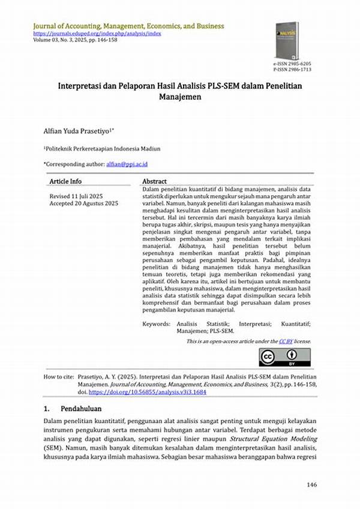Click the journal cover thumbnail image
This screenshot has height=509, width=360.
(286, 40)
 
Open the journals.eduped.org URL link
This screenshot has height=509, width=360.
(97, 34)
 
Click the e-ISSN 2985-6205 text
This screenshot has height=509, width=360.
(292, 63)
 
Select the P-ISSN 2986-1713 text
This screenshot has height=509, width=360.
(292, 70)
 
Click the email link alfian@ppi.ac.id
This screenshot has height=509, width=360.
(127, 163)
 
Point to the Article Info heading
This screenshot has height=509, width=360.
(65, 181)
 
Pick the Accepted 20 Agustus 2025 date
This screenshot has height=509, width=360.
(83, 204)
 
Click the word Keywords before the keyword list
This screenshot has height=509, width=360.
(156, 324)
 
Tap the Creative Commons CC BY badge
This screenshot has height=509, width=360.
(285, 357)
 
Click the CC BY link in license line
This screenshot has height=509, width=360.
(285, 341)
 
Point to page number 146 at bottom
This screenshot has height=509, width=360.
(311, 484)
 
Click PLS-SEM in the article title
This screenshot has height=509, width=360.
(224, 86)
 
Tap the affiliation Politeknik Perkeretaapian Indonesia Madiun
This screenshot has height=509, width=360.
(103, 148)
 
